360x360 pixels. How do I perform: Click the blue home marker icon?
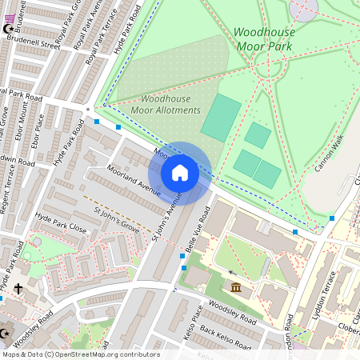tap(180, 173)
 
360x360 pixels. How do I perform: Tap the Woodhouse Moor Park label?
tap(264, 39)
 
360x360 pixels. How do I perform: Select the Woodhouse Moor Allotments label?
tap(166, 104)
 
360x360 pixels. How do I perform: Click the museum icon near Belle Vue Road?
tap(235, 287)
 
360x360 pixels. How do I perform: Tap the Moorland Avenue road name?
tap(134, 181)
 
